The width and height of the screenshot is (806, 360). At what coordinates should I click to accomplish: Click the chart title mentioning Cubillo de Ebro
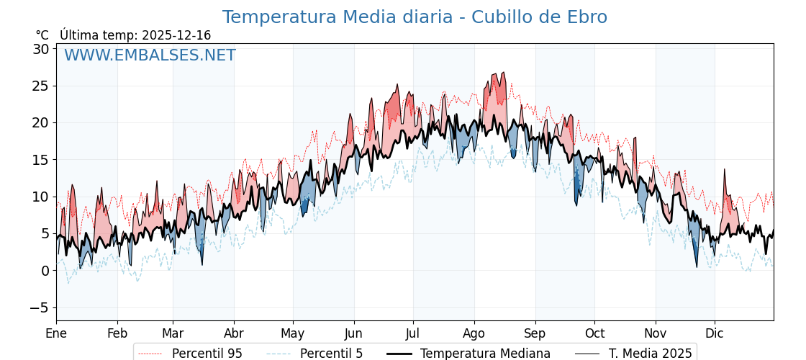(x=415, y=17)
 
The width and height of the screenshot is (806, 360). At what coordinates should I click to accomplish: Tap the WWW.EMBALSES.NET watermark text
(x=150, y=55)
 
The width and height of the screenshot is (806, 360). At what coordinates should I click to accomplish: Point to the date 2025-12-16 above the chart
(x=176, y=35)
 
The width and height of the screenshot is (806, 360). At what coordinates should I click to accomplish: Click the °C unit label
(x=42, y=35)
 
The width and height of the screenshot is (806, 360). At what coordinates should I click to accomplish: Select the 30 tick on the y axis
(x=40, y=49)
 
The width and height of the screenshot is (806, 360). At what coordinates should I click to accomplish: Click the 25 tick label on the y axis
(x=40, y=86)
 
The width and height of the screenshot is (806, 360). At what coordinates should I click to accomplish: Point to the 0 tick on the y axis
(x=45, y=271)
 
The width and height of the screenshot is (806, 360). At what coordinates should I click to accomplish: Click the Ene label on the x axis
(x=56, y=333)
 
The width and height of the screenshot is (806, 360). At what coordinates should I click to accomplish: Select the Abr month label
(x=234, y=333)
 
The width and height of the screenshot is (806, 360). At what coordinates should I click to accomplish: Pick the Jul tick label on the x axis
(x=413, y=333)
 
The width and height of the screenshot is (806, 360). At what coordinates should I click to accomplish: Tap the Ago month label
(x=474, y=333)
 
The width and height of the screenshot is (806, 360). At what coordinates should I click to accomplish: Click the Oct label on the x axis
(x=594, y=333)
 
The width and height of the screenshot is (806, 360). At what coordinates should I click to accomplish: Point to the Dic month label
(x=715, y=333)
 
